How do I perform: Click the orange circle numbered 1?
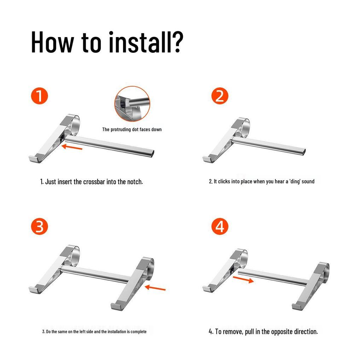coord(40,96)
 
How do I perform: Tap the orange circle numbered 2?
coord(220,96)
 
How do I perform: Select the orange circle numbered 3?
coord(40,227)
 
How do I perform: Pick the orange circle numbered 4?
coord(220,227)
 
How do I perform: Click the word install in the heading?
coord(140,42)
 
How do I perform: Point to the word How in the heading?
coord(52,42)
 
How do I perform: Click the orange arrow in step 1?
coord(72,147)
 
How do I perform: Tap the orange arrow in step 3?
coord(155,288)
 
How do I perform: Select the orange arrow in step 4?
coord(243,279)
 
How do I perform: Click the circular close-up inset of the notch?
coord(132,104)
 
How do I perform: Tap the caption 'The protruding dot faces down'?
coord(132,129)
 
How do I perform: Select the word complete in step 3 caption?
coord(139,332)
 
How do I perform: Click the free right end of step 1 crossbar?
coord(153,153)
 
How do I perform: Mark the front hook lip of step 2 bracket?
coord(207,159)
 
